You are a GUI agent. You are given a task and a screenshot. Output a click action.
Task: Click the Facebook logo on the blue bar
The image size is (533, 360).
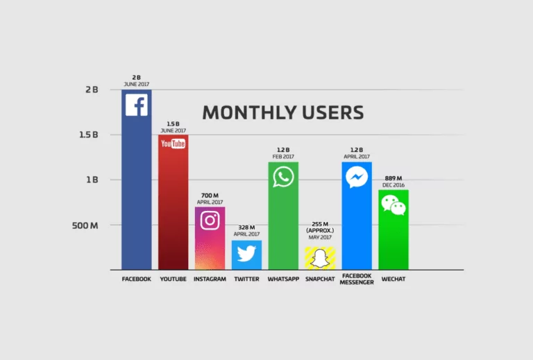pos(136,105)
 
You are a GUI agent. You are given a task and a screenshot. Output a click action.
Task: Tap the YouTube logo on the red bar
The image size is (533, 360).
pos(173,144)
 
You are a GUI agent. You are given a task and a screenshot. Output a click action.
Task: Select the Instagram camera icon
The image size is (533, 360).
pos(210,220)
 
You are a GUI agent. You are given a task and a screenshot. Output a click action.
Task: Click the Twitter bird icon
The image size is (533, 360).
pos(246,254)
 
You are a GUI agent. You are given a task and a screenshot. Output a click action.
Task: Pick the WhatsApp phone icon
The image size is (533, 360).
pos(283,176)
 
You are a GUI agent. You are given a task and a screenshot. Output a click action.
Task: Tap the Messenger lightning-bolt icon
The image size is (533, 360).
pos(357,178)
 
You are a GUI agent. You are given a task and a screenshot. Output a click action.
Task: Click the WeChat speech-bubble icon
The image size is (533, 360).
pos(393,205)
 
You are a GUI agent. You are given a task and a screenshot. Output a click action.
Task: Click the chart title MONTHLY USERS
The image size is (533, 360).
pos(282,112)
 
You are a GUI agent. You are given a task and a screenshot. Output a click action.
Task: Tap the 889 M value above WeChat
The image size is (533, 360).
pos(394,178)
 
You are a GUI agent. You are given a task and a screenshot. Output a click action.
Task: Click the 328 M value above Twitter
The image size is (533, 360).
pos(246,228)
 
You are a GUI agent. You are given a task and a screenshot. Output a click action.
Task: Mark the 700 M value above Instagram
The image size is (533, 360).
pos(210,195)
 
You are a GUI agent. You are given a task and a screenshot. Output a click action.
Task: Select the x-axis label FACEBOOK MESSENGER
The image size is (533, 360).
pos(357,279)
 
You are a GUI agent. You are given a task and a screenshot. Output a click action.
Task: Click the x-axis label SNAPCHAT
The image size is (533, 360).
pos(320,280)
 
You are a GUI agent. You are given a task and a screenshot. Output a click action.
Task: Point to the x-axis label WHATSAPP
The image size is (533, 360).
pos(283,280)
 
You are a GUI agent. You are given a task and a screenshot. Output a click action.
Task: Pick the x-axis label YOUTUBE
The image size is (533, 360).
pos(173,280)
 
